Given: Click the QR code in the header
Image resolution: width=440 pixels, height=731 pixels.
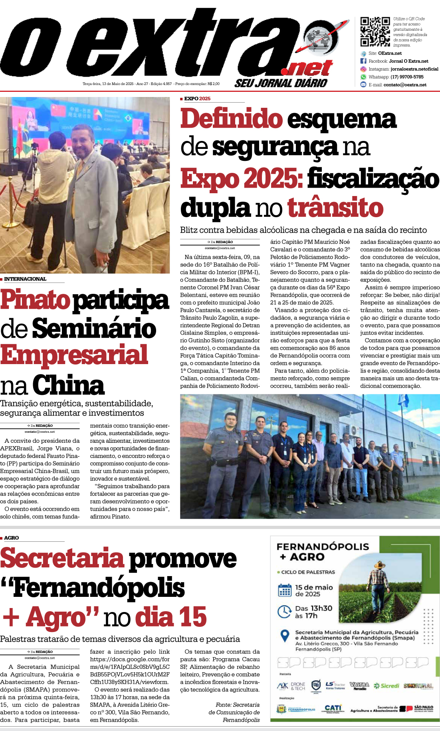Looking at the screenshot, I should (375, 32).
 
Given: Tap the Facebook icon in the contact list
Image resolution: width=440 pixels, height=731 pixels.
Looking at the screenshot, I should (363, 61).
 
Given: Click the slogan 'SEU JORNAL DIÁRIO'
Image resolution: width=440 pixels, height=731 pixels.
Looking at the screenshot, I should (281, 83).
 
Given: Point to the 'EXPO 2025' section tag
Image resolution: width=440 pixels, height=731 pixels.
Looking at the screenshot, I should (197, 99).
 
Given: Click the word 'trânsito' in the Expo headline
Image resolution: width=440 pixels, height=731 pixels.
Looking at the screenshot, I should (335, 208).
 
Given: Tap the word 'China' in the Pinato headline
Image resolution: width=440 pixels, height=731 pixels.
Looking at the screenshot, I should (68, 385).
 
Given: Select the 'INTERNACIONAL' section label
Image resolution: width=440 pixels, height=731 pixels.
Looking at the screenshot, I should (25, 279).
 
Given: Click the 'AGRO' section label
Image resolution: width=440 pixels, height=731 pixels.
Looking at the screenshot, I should (12, 538).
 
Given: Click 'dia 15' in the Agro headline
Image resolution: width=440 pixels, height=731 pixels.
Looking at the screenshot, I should (171, 617).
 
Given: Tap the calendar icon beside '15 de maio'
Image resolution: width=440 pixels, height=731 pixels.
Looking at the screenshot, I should (285, 590).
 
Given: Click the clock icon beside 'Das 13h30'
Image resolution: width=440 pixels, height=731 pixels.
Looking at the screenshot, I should (284, 611).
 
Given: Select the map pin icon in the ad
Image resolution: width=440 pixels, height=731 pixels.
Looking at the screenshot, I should (285, 635).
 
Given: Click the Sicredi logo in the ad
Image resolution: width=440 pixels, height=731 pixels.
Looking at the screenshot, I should (386, 686).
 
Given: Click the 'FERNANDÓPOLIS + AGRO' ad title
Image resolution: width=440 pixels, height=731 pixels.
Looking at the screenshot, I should (323, 551).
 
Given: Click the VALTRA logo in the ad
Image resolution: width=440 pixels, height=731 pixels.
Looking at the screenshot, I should (359, 685).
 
